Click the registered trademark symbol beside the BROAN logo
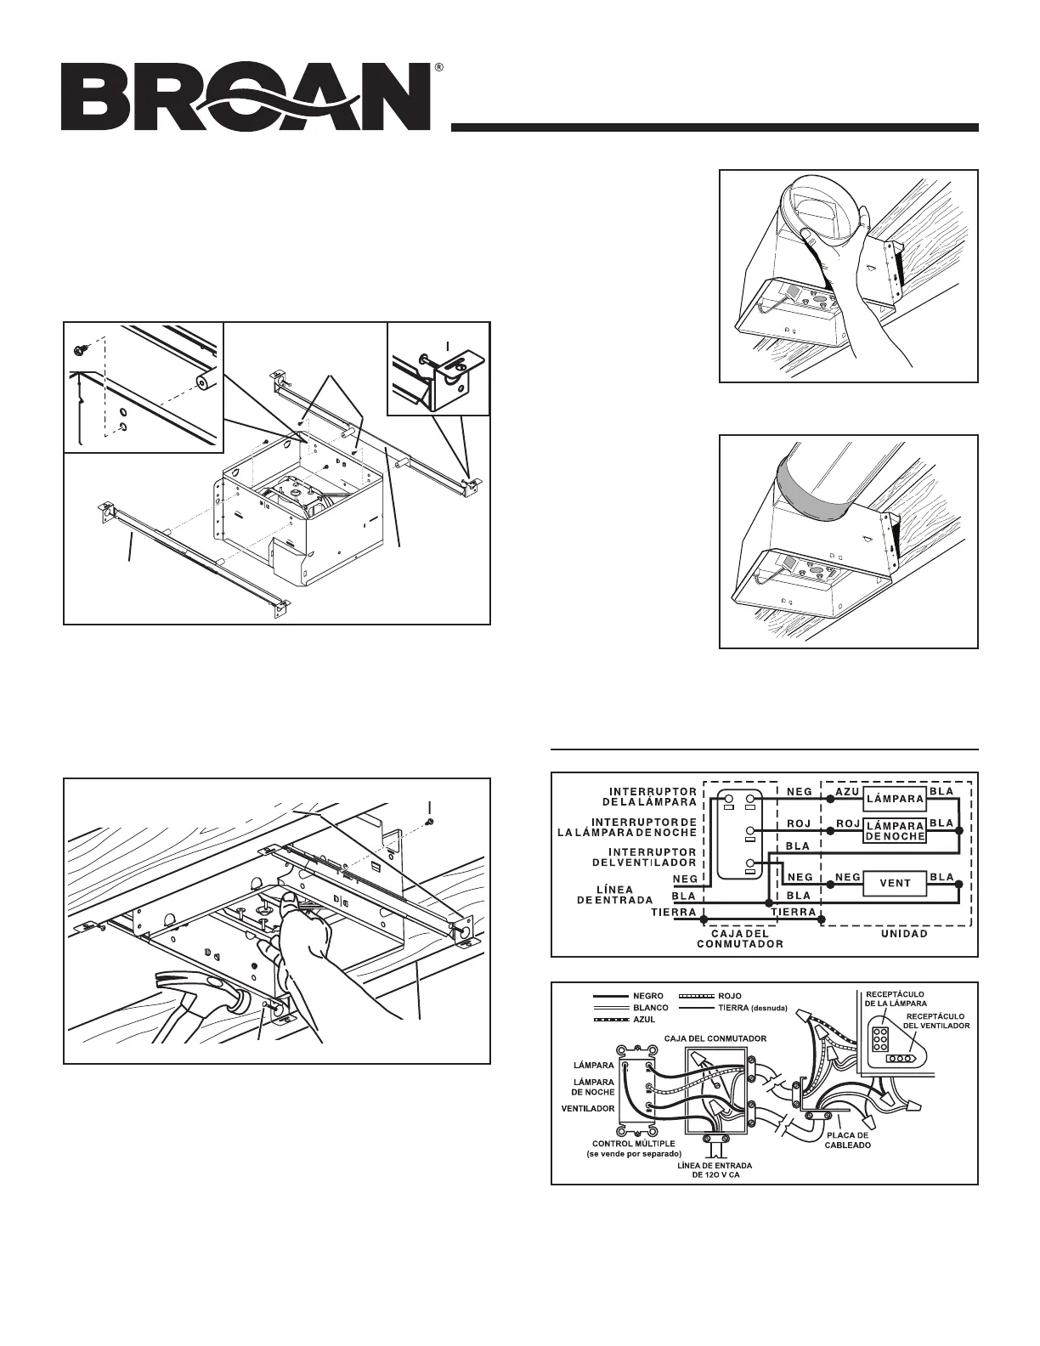pyautogui.click(x=438, y=67)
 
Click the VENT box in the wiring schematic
pyautogui.click(x=895, y=883)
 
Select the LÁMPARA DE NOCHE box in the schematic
pyautogui.click(x=895, y=830)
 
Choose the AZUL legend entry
pyautogui.click(x=644, y=1018)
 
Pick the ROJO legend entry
pyautogui.click(x=730, y=995)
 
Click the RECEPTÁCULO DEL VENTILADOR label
pyautogui.click(x=937, y=1020)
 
